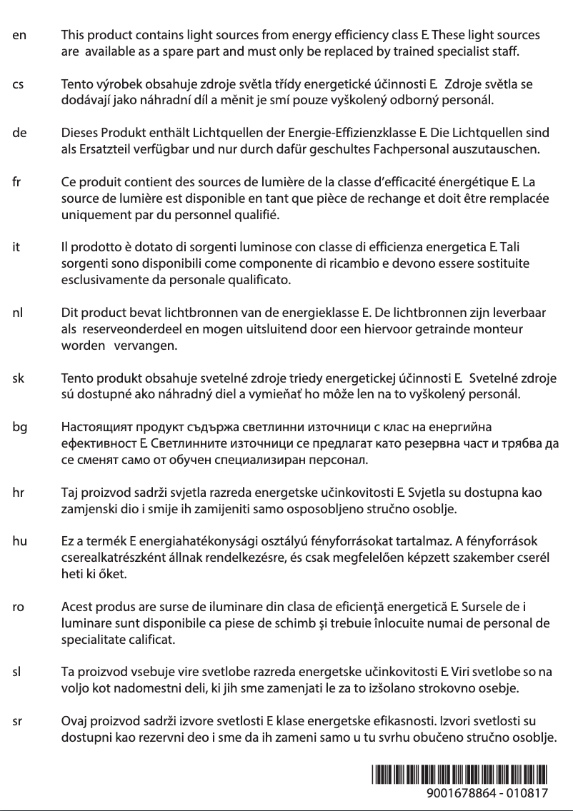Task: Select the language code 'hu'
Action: coord(20,541)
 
